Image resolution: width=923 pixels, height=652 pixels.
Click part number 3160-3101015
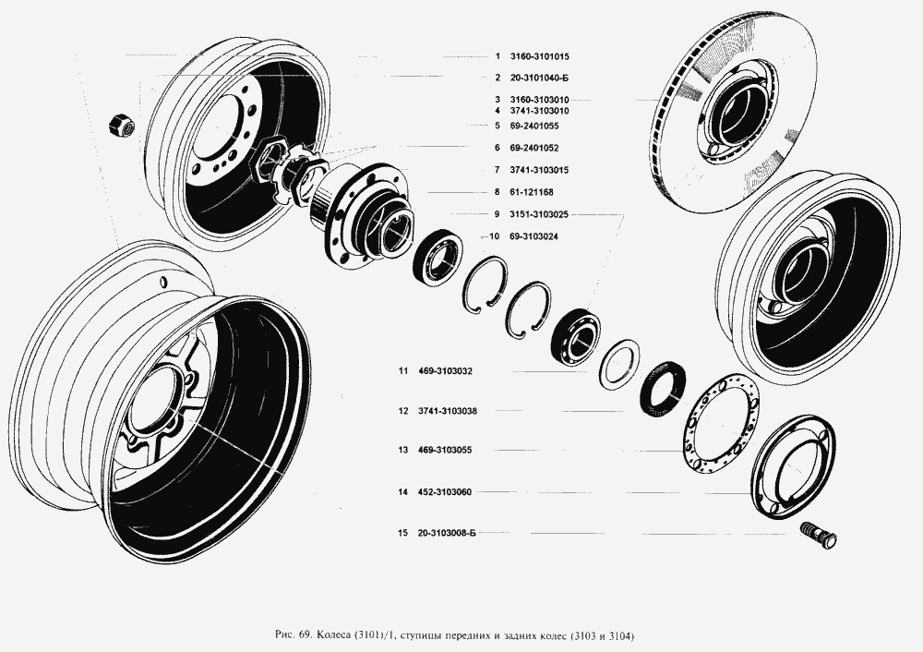pyautogui.click(x=533, y=56)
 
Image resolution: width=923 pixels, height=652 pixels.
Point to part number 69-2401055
pyautogui.click(x=533, y=126)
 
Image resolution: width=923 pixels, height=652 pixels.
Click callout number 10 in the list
pyautogui.click(x=494, y=237)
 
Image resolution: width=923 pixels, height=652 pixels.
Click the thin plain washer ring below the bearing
pyautogui.click(x=618, y=361)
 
